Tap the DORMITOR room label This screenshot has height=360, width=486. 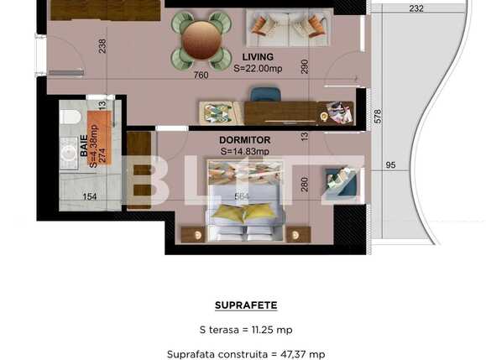[244, 141]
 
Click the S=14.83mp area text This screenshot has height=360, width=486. [244, 152]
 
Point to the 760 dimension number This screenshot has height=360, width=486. [201, 76]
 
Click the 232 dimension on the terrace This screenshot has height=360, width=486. [416, 8]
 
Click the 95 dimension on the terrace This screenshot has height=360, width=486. [390, 165]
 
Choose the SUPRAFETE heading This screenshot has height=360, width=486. [246, 305]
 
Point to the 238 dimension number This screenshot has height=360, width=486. [102, 47]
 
